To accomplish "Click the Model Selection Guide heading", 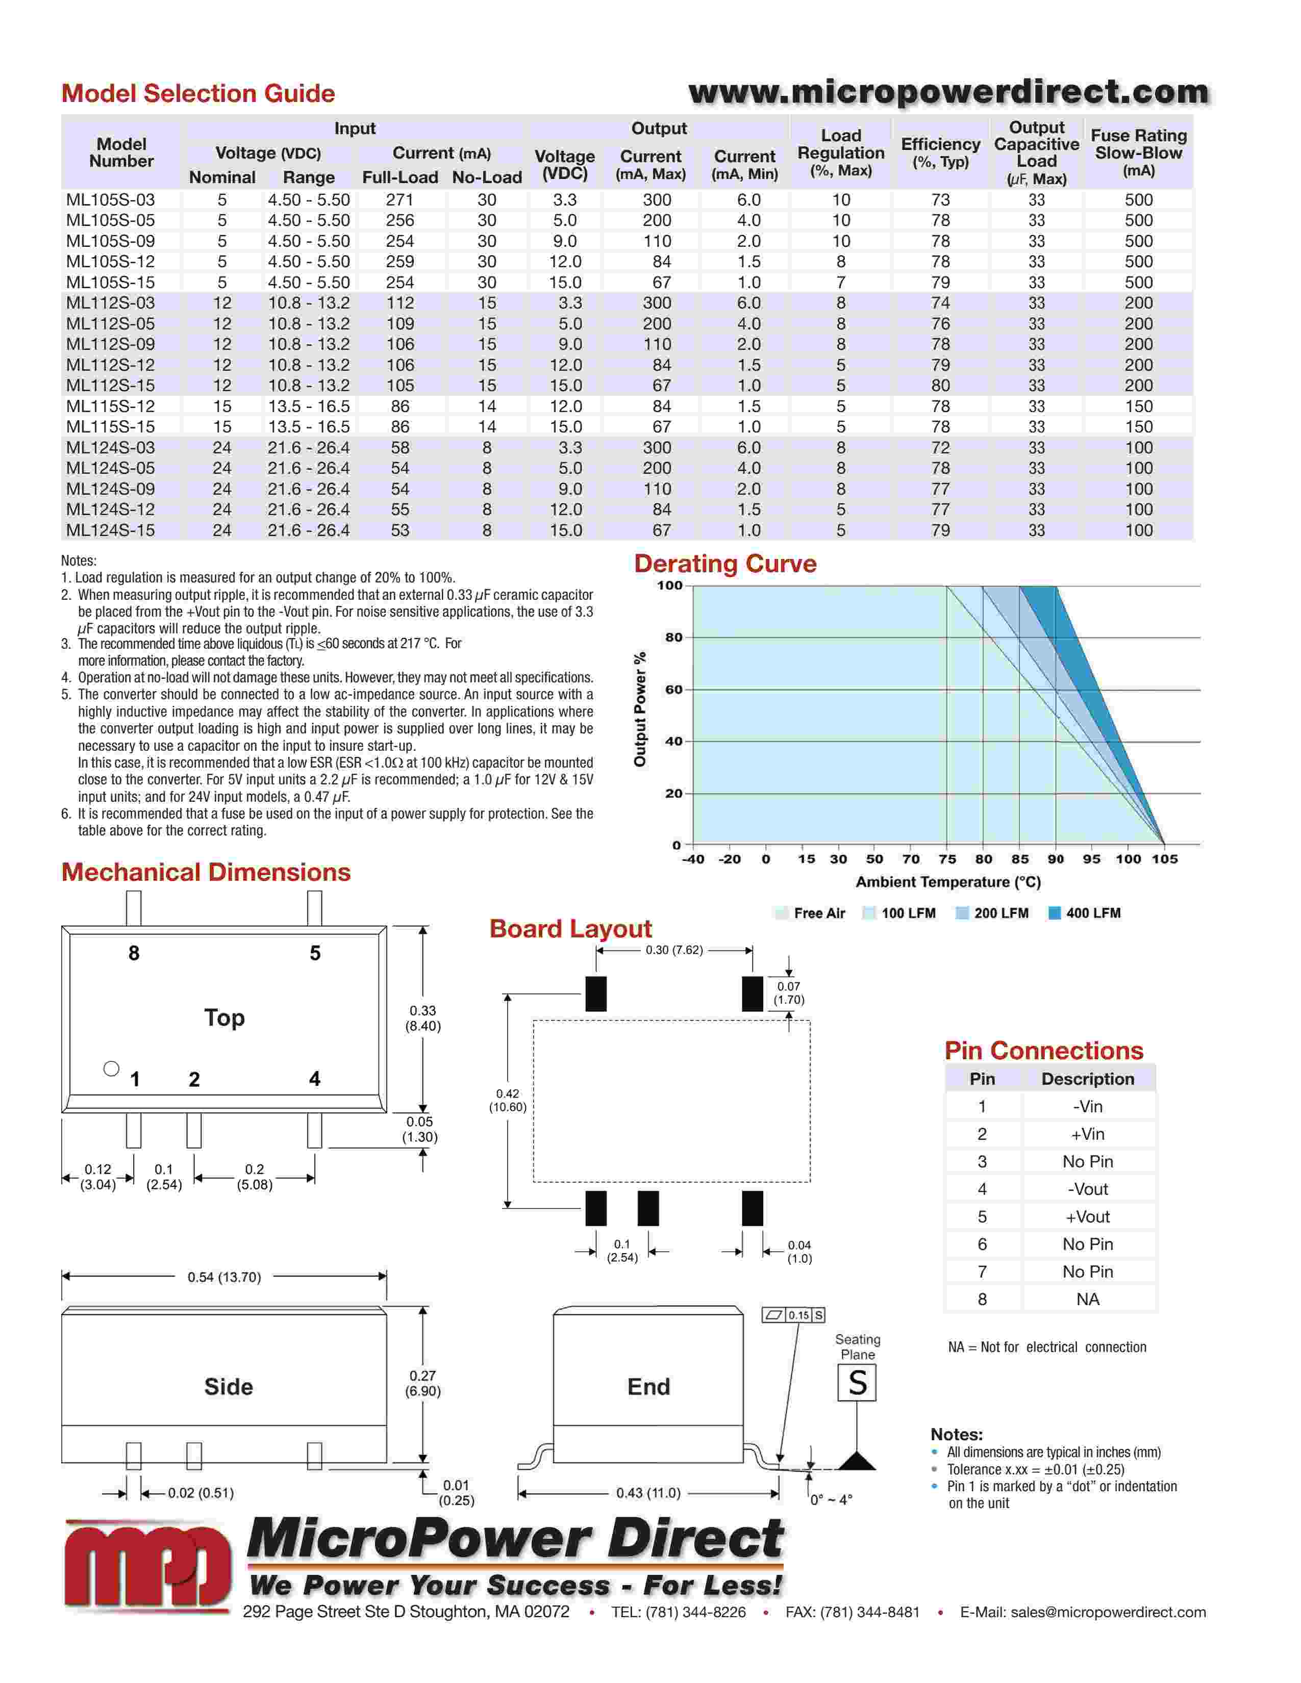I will coord(198,93).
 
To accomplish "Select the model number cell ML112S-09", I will coord(110,344).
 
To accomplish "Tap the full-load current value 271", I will coord(400,199).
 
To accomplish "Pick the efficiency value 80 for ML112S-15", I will coord(940,385).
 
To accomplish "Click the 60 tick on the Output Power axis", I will coord(673,690).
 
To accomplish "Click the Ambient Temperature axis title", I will coord(948,882).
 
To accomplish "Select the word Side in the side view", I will coord(228,1387).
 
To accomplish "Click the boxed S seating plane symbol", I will coord(857,1383).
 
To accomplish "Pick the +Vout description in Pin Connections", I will coord(1088,1217).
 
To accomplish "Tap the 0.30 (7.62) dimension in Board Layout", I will coord(674,950).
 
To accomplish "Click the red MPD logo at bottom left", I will coord(146,1564).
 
